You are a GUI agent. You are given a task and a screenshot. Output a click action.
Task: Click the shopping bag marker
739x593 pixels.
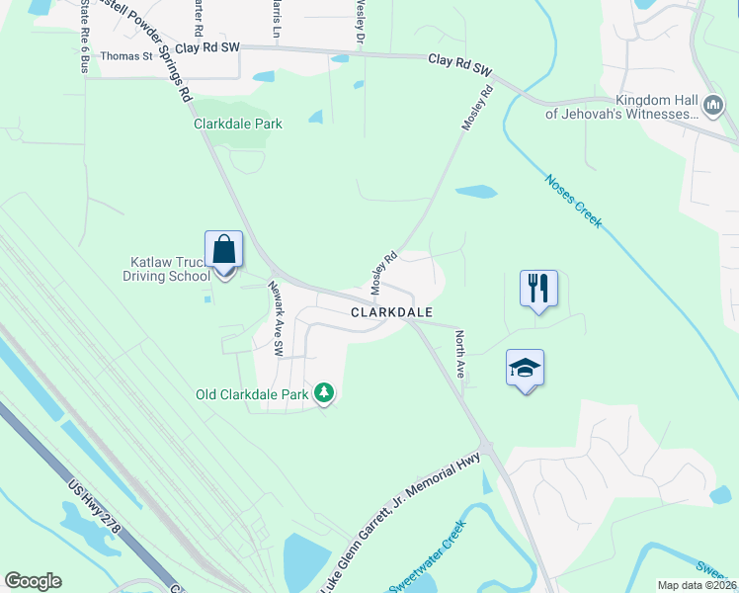[223, 250]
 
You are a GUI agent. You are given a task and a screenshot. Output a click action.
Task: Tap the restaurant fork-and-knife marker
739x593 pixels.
[538, 289]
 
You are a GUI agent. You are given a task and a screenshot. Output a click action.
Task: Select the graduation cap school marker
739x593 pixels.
[526, 369]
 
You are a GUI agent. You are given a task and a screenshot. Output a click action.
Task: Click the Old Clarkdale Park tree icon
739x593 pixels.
[324, 394]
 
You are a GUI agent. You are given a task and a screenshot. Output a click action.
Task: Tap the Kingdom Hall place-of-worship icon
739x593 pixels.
[712, 105]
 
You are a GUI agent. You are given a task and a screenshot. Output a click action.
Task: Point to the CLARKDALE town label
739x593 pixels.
[392, 311]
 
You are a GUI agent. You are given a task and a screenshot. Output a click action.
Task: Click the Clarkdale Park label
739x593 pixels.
[238, 124]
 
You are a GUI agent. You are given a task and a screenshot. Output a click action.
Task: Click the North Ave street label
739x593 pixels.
[459, 355]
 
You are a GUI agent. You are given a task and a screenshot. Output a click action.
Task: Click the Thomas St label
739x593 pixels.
[126, 56]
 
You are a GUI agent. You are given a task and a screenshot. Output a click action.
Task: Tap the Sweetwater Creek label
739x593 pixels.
[427, 570]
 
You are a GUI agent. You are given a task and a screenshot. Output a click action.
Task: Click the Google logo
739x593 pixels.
[33, 581]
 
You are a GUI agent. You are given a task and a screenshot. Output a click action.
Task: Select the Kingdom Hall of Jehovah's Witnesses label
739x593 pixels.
[622, 107]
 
